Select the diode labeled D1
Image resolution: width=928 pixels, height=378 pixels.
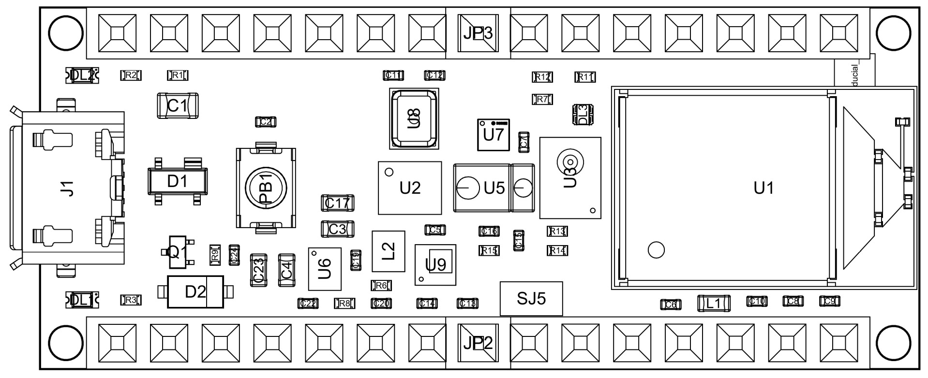click(177, 182)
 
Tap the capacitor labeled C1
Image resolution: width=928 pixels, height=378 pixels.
click(178, 105)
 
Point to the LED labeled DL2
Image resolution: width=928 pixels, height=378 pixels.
click(82, 75)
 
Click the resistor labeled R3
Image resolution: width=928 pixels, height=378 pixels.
click(131, 300)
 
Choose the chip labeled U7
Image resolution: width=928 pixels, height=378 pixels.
click(494, 134)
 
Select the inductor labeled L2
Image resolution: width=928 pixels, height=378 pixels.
click(388, 251)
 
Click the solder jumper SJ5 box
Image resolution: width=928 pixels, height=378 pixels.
click(531, 299)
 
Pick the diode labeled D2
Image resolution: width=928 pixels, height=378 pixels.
click(195, 292)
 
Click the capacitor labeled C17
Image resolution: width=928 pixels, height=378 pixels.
click(337, 203)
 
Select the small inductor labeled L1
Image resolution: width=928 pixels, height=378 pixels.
click(713, 304)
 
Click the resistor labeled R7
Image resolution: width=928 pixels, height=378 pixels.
click(542, 100)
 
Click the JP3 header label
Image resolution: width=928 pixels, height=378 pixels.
click(478, 33)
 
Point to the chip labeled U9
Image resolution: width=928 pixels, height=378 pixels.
click(435, 265)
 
